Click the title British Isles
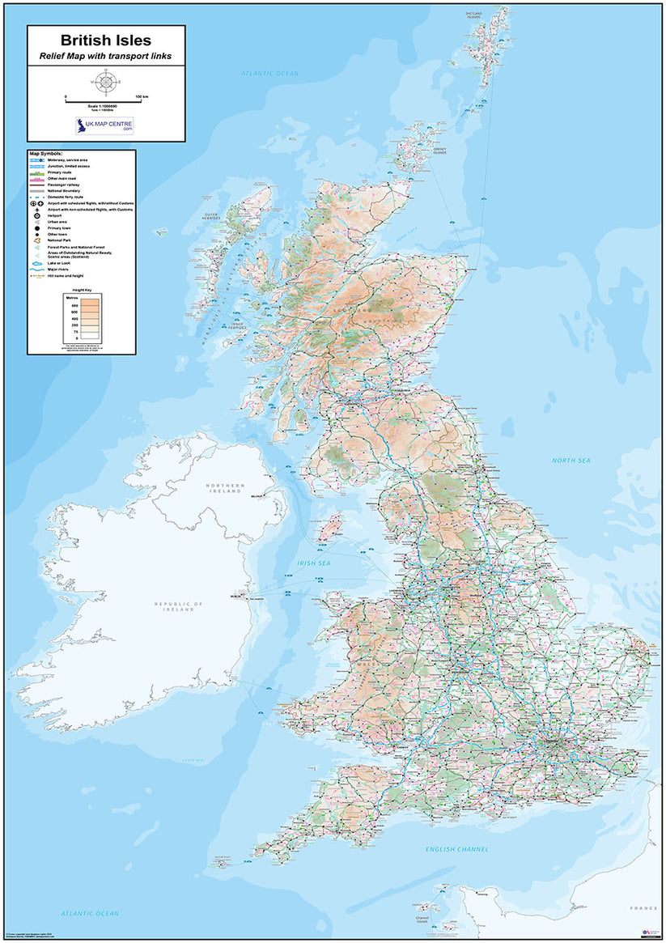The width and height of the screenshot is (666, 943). coord(106,40)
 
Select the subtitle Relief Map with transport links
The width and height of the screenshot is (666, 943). coord(106,57)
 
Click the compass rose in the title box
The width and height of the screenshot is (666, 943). coord(105,81)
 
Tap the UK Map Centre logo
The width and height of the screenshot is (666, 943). coord(105,125)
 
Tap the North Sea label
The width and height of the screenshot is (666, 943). coord(571,461)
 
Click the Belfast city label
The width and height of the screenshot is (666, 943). coord(258,495)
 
